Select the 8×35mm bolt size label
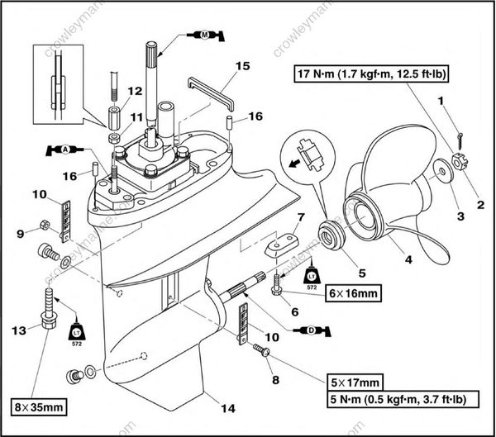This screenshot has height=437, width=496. click(x=37, y=406)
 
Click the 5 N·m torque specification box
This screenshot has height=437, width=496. click(x=393, y=399)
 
